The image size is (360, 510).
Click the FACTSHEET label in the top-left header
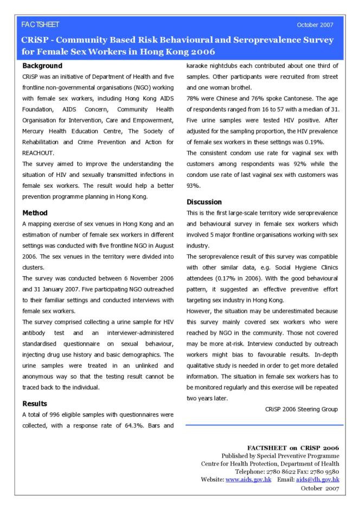(x=40, y=25)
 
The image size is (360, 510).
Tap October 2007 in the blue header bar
(x=316, y=25)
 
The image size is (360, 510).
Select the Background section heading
(x=43, y=66)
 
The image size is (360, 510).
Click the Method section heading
(x=35, y=213)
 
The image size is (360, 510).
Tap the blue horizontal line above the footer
(x=264, y=425)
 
